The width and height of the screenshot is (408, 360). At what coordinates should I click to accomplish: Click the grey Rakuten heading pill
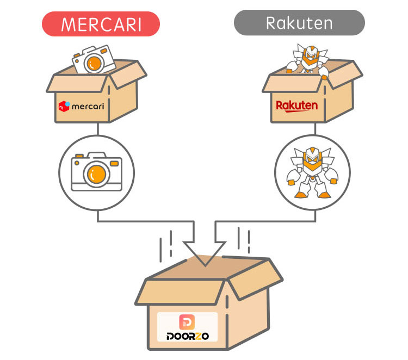299,23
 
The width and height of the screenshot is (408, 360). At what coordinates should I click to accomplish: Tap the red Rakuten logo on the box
296,105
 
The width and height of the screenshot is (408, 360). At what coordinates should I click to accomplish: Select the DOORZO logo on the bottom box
187,327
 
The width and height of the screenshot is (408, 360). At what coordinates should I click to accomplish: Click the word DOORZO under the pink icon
187,336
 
